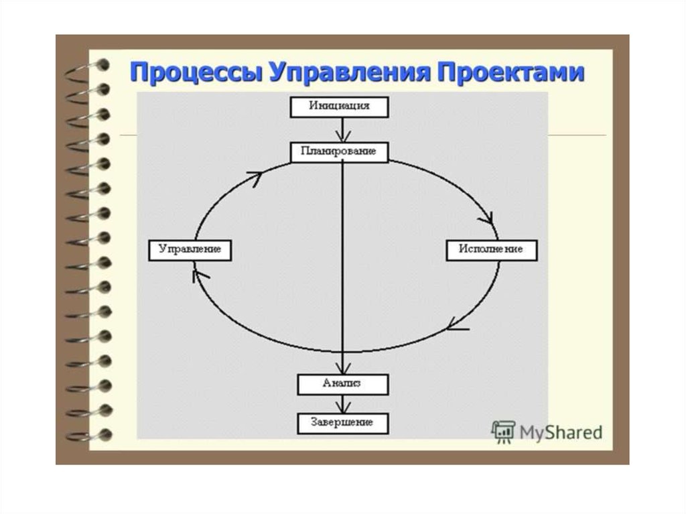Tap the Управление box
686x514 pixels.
click(x=190, y=250)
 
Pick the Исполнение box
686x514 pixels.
click(x=491, y=250)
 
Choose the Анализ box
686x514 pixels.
click(x=342, y=383)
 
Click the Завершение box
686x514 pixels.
click(x=342, y=423)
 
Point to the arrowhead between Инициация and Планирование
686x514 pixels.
click(x=342, y=137)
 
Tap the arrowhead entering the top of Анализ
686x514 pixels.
click(x=343, y=368)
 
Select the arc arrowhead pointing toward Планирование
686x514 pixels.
click(x=255, y=176)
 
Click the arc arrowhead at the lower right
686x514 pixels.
click(x=457, y=327)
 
